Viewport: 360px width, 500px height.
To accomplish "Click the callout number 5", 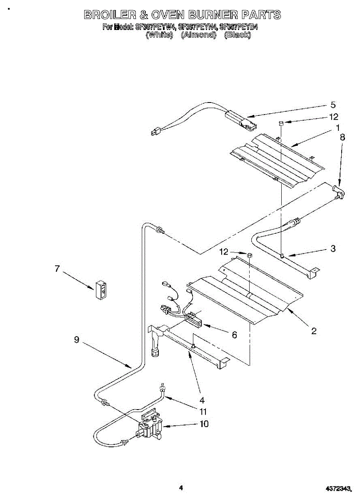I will point(333,105).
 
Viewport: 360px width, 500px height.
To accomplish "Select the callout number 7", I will point(57,269).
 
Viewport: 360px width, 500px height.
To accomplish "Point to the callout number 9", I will point(76,340).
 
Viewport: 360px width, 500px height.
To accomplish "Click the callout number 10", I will point(204,424).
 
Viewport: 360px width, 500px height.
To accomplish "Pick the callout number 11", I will point(203,412).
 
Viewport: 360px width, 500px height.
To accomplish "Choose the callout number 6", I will point(234,335).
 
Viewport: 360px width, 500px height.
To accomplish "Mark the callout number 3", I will point(333,249).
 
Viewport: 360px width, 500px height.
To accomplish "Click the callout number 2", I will point(314,331).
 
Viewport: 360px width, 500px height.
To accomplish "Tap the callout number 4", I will point(202,400).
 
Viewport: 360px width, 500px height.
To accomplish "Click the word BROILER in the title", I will point(109,15).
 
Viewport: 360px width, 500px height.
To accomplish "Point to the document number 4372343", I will point(339,487).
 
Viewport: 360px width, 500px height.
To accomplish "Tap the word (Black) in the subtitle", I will point(237,35).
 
